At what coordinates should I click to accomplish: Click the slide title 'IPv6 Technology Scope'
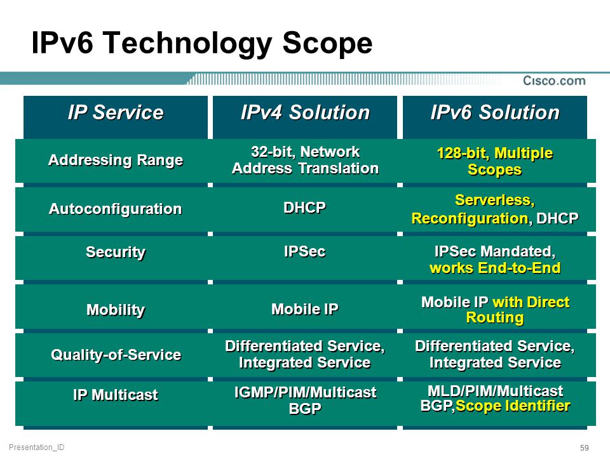coord(202,44)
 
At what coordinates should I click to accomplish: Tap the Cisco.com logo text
coord(554,81)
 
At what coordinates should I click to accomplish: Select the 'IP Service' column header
coord(116,113)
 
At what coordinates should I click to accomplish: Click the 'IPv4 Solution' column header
coord(305,113)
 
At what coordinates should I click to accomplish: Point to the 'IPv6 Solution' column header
coord(495,113)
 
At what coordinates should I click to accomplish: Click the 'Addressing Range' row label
coord(116,160)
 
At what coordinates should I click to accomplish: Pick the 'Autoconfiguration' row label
coord(116,209)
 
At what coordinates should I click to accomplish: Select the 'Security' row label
coord(116,252)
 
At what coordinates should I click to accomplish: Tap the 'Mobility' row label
coord(116,310)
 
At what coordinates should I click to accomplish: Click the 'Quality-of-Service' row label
coord(116,354)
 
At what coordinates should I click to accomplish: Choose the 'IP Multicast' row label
coord(116,395)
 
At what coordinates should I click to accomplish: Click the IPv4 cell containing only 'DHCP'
coord(304,208)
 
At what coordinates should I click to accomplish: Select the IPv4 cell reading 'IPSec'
coord(304,251)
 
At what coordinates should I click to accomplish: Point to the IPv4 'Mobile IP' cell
coord(305,309)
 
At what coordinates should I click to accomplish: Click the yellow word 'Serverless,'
coord(495,200)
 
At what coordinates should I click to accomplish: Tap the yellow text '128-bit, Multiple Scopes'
coord(495,161)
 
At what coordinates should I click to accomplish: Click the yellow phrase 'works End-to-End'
coord(495,268)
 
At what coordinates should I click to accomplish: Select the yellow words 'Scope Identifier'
coord(513,406)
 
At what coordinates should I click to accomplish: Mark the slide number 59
coord(585,447)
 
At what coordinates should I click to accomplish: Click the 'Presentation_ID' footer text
coord(37,447)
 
